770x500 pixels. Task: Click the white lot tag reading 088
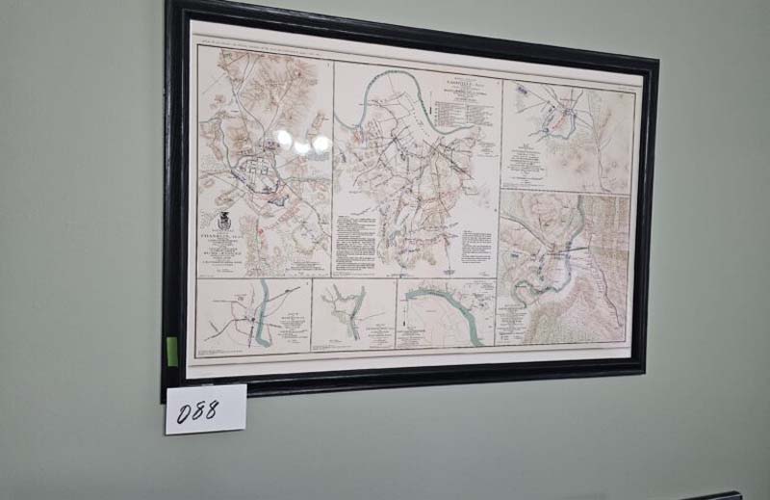point(205,408)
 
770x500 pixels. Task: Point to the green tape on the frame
point(172,350)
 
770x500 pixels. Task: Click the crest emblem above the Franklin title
point(223,219)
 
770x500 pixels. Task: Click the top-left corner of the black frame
point(170,5)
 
